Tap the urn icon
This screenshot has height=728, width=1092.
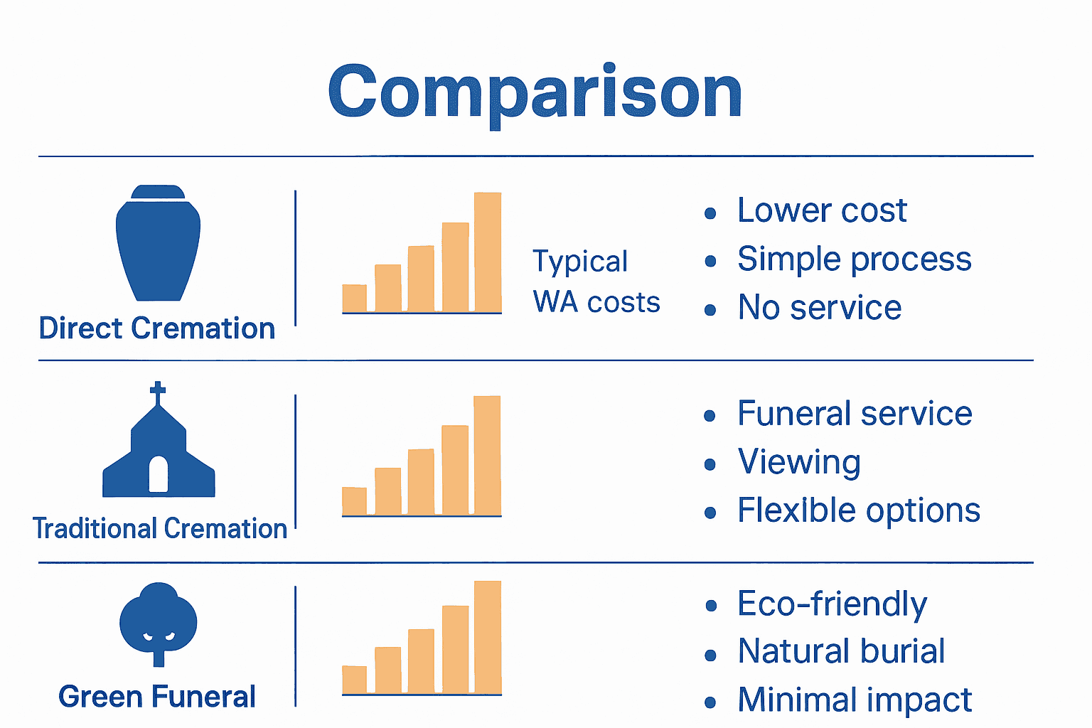point(158,243)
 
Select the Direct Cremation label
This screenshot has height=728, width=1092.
point(157,328)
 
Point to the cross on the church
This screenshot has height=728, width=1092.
point(157,392)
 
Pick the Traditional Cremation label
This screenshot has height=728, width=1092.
point(160,528)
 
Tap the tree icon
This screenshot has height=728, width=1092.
point(159,624)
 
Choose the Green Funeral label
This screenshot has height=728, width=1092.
point(157,696)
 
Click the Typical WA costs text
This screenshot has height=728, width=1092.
point(596,282)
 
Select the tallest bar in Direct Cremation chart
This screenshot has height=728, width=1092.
point(488,252)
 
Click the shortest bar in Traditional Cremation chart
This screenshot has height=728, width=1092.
point(355,500)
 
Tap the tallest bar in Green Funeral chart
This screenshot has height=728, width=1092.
point(488,637)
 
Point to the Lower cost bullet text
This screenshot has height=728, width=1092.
point(822,210)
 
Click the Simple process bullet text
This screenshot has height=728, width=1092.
point(855,259)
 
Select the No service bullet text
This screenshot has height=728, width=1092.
point(820,307)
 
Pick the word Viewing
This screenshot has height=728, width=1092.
point(799,462)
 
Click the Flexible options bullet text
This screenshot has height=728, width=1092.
point(859,510)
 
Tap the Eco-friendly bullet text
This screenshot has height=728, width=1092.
point(833,604)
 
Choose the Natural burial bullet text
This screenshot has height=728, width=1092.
point(842,651)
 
